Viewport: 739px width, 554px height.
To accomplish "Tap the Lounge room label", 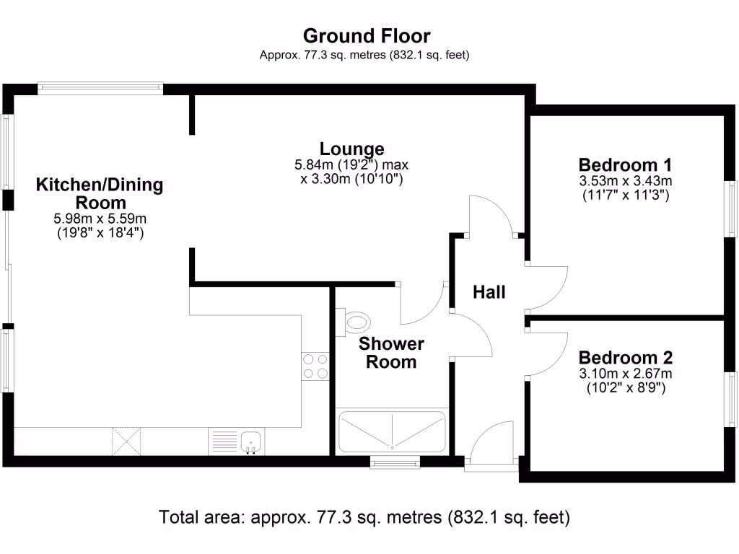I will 352,149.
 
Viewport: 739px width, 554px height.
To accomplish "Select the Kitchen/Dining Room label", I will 100,193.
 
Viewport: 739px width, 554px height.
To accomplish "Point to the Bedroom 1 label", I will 626,163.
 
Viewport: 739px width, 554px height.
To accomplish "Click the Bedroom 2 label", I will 626,358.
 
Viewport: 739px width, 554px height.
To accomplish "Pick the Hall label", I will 489,292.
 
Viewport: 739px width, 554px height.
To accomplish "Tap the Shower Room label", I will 391,353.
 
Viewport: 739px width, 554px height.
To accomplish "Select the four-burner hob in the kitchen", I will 315,366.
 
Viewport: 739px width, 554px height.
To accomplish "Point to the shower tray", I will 391,431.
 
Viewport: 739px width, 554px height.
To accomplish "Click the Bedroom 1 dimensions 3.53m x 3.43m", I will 626,180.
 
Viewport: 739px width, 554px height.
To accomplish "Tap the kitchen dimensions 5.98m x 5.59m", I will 100,219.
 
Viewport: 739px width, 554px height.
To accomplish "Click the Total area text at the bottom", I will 364,517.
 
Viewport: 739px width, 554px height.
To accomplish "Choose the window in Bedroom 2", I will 732,401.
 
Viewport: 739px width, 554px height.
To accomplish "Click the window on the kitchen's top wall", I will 100,88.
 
